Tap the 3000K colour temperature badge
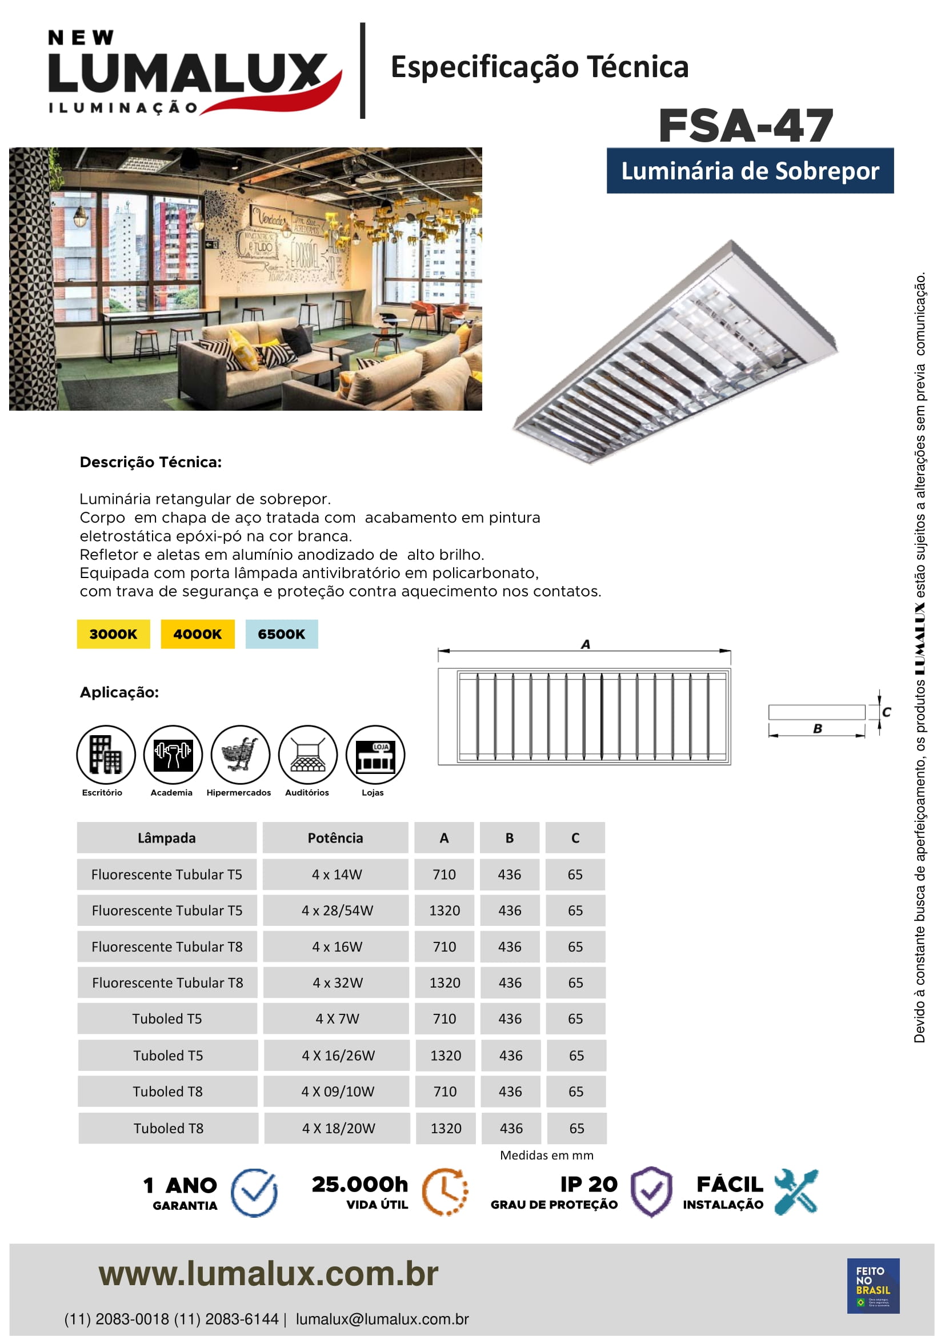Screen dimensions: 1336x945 [114, 633]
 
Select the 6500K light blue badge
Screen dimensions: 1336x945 [282, 633]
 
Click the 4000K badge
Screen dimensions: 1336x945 [198, 633]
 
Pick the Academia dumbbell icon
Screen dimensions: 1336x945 [173, 755]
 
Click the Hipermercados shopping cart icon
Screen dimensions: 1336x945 [241, 755]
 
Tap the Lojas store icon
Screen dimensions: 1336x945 [375, 755]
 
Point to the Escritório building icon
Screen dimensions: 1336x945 [106, 755]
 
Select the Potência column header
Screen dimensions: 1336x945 [335, 838]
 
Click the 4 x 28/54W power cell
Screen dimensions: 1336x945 [337, 910]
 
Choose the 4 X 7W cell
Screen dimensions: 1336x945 [337, 1019]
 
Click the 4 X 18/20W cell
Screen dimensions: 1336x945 [338, 1128]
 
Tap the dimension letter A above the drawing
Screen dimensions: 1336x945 [586, 644]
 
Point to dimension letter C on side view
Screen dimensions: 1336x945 [886, 712]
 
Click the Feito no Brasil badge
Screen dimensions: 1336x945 [873, 1286]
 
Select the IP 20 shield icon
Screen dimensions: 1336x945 [651, 1192]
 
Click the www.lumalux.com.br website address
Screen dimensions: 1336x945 [269, 1274]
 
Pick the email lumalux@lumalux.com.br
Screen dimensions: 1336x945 [382, 1319]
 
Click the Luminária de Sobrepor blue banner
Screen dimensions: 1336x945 [750, 171]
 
